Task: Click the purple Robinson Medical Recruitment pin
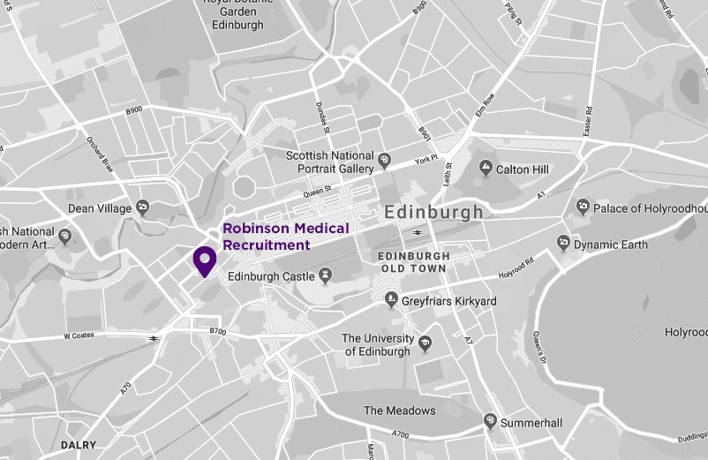click(x=205, y=261)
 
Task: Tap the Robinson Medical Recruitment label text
click(x=285, y=237)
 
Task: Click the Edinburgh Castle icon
click(x=325, y=277)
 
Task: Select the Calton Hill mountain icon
click(x=485, y=168)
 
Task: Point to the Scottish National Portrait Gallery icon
click(x=384, y=162)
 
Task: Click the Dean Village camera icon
click(x=143, y=208)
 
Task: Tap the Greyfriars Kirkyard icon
click(x=392, y=302)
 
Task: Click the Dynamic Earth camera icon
click(x=563, y=244)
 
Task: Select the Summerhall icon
click(x=489, y=423)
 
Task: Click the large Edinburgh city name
click(x=433, y=213)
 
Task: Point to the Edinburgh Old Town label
click(x=413, y=261)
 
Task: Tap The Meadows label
click(x=399, y=411)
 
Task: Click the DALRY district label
click(x=78, y=445)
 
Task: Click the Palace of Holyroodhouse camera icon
click(x=582, y=207)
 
